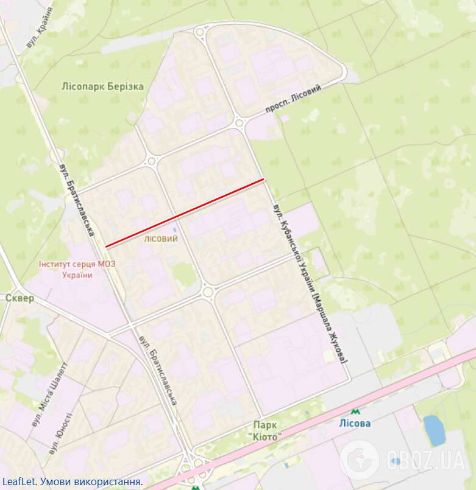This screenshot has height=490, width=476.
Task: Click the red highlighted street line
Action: click(185, 213)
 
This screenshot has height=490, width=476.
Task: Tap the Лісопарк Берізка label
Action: click(103, 86)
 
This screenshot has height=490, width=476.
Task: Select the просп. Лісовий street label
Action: click(293, 99)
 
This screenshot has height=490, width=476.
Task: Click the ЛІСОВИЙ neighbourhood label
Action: click(161, 239)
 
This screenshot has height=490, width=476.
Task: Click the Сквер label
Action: click(20, 298)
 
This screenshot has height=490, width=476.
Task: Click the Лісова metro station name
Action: click(355, 424)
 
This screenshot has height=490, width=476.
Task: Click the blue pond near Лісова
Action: click(433, 430)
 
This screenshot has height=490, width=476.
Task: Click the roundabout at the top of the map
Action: click(201, 33)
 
